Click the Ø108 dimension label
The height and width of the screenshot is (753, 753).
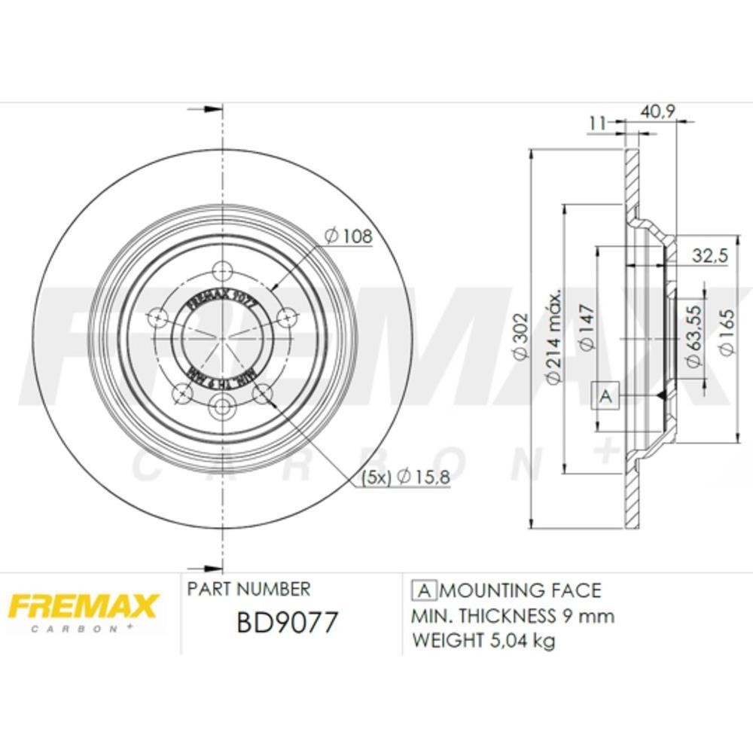(x=348, y=236)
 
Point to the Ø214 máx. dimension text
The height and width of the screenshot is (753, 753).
(x=555, y=337)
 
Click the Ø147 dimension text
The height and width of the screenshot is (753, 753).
(x=588, y=329)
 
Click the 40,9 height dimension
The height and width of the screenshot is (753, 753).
(x=657, y=111)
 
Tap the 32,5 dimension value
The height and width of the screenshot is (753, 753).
(x=709, y=256)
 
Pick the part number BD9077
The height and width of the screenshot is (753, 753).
(x=288, y=623)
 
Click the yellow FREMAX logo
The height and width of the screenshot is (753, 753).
(x=82, y=608)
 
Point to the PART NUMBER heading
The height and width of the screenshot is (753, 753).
(x=248, y=589)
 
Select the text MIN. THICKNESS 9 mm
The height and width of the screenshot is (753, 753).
(x=513, y=616)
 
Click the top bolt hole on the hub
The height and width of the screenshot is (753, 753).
(x=222, y=270)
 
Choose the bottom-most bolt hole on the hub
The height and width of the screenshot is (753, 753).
(x=222, y=407)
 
